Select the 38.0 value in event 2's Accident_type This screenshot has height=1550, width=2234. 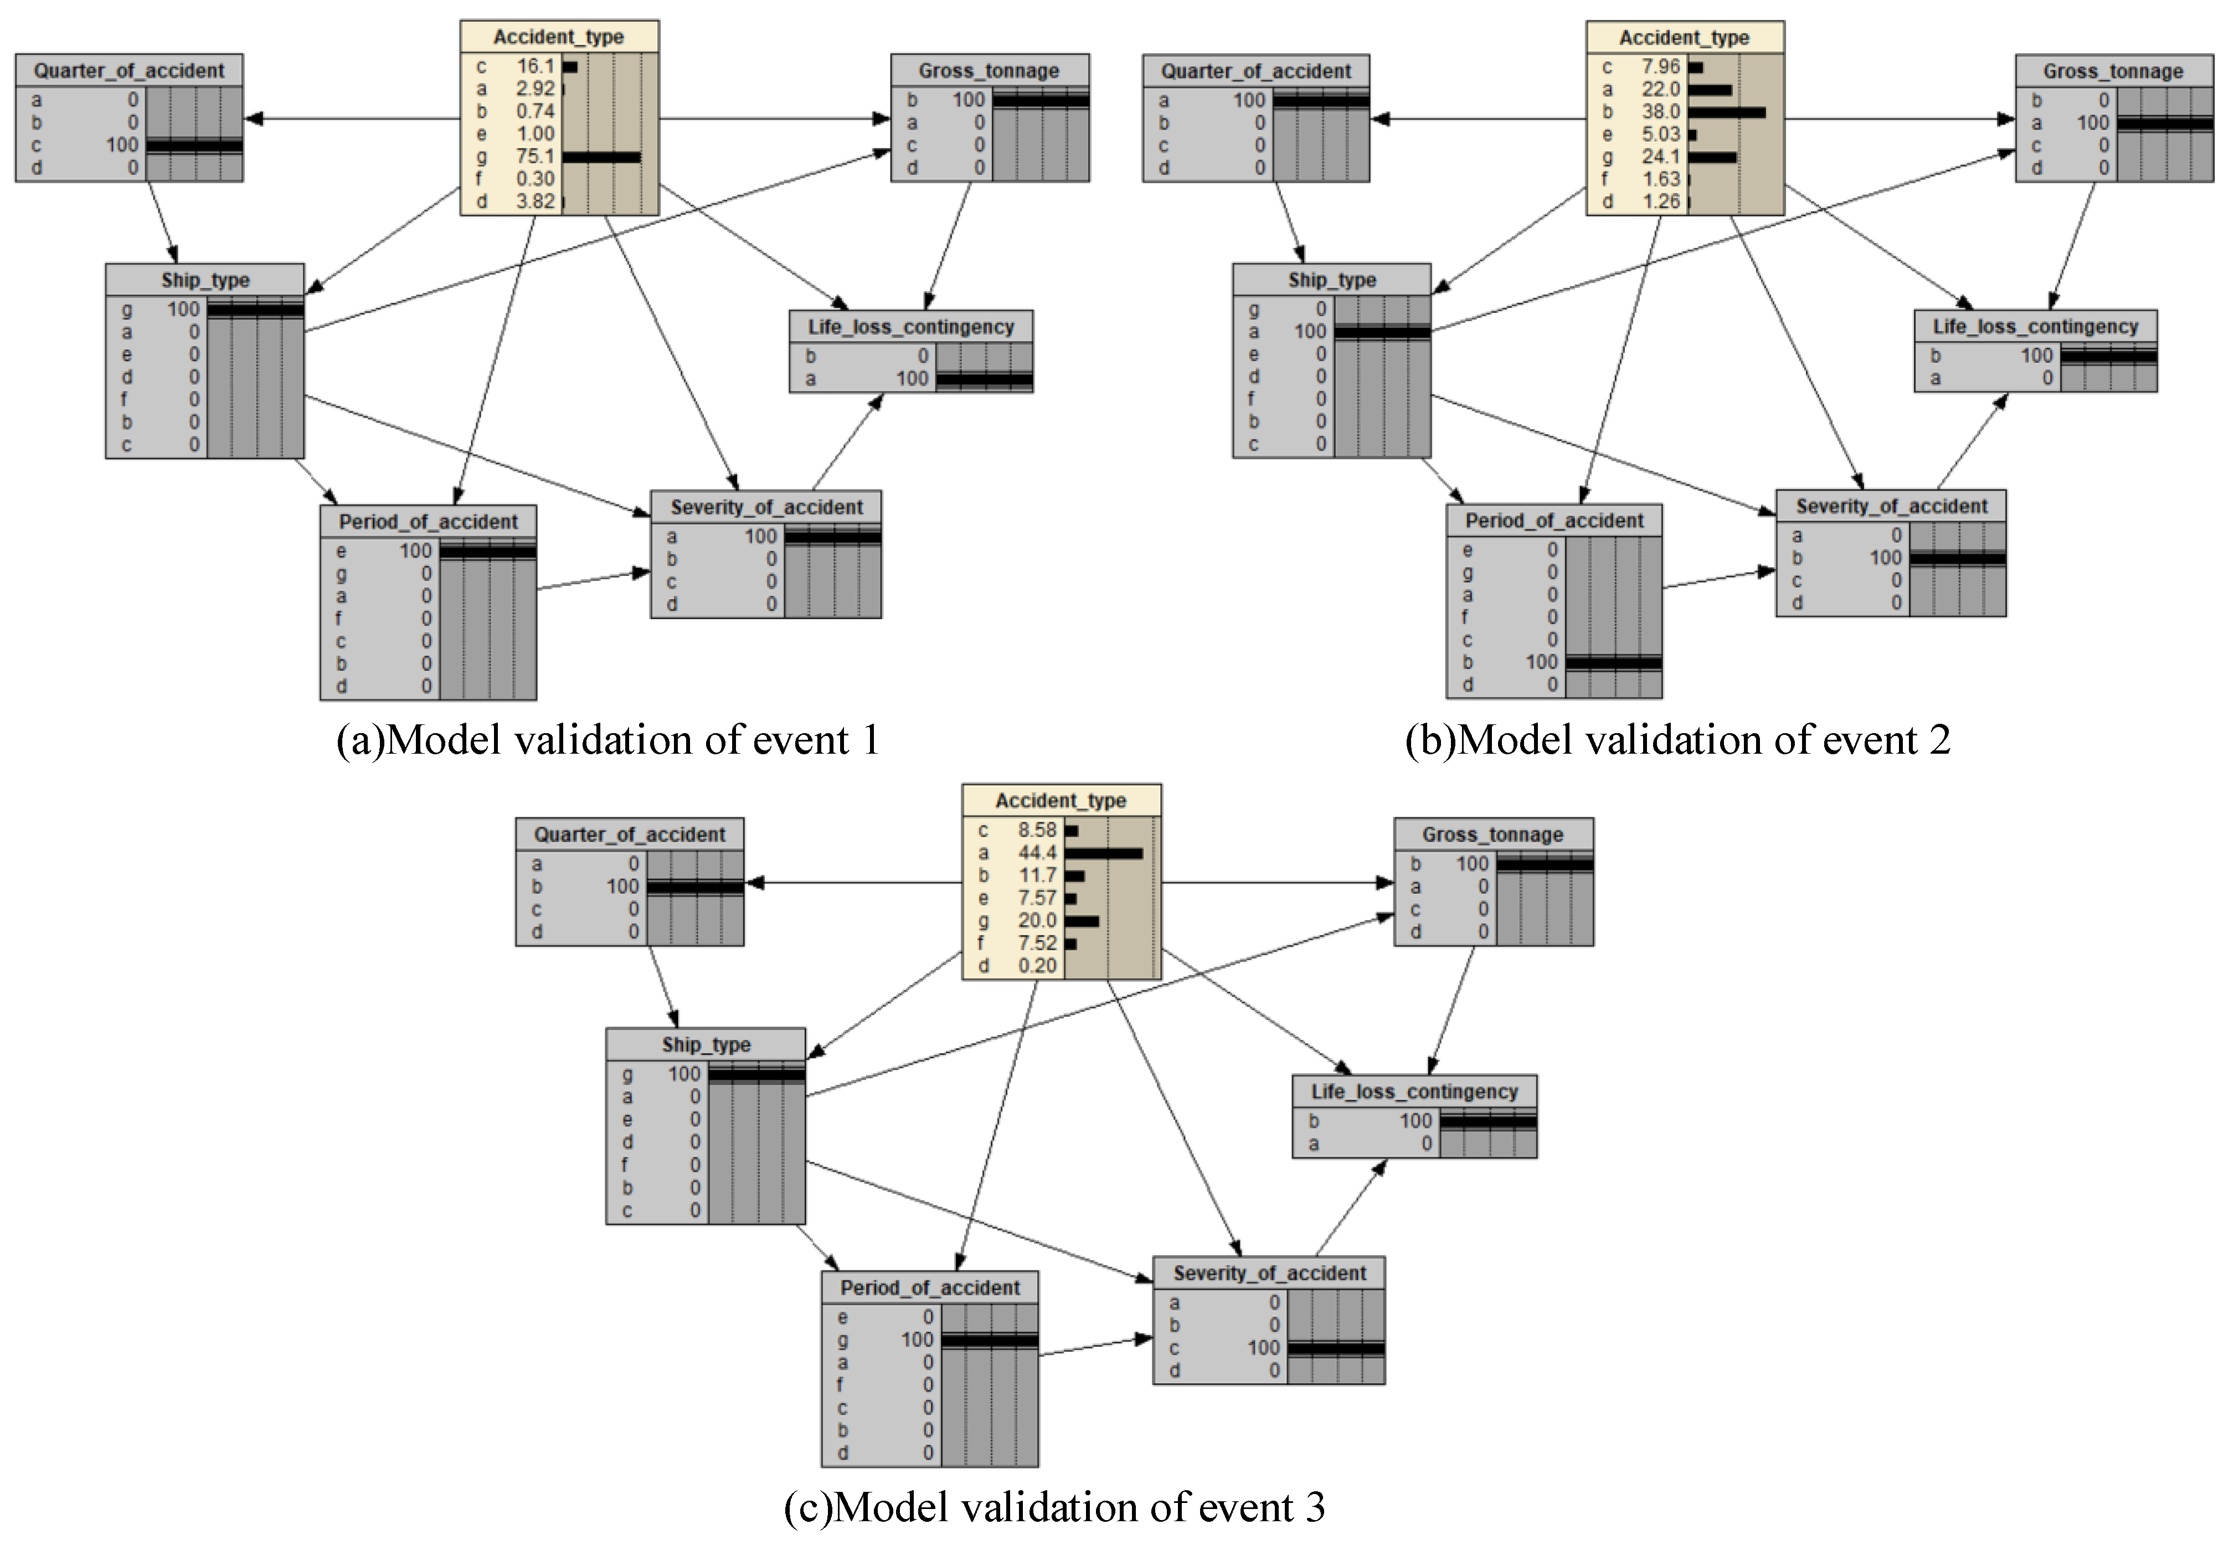1661,112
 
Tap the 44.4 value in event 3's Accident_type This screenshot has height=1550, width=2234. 1037,853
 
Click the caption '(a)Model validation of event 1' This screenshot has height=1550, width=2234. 608,740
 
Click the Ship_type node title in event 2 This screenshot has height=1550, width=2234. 1332,280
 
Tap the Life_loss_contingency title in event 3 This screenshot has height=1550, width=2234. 1414,1091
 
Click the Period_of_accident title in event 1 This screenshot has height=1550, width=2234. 428,522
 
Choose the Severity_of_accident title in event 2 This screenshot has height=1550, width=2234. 1891,506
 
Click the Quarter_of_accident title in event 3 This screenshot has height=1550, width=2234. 630,834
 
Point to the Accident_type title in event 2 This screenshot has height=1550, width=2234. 1684,37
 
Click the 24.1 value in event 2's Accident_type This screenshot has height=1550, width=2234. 1661,156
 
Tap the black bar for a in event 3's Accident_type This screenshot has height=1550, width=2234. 1103,853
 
